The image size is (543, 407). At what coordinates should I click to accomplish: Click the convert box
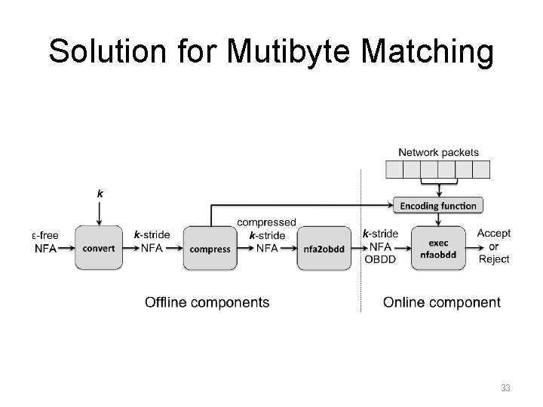pyautogui.click(x=99, y=248)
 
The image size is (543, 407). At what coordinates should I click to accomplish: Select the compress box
pyautogui.click(x=210, y=248)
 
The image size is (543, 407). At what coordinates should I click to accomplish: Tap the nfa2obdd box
pyautogui.click(x=327, y=248)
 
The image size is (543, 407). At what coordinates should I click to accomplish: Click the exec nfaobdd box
pyautogui.click(x=437, y=248)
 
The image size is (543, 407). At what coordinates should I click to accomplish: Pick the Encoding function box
pyautogui.click(x=437, y=205)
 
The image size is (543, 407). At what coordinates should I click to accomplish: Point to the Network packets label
pyautogui.click(x=437, y=152)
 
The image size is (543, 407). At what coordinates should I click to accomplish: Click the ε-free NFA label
pyautogui.click(x=45, y=242)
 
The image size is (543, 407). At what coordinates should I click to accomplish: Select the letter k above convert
pyautogui.click(x=100, y=193)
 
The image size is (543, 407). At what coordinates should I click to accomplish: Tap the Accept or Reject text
pyautogui.click(x=494, y=246)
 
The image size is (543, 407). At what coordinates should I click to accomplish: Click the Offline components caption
pyautogui.click(x=207, y=302)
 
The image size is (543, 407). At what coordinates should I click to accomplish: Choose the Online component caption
pyautogui.click(x=441, y=302)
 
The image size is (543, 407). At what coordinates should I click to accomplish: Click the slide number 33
pyautogui.click(x=506, y=388)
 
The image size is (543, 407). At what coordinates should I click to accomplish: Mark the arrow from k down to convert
pyautogui.click(x=100, y=213)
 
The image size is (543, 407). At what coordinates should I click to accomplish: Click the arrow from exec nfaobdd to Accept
pyautogui.click(x=473, y=248)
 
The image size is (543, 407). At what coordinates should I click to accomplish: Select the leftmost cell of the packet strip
pyautogui.click(x=394, y=169)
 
